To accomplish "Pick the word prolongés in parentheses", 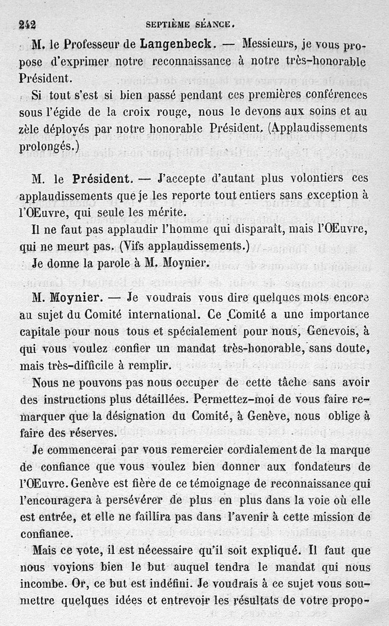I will click(x=47, y=146).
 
